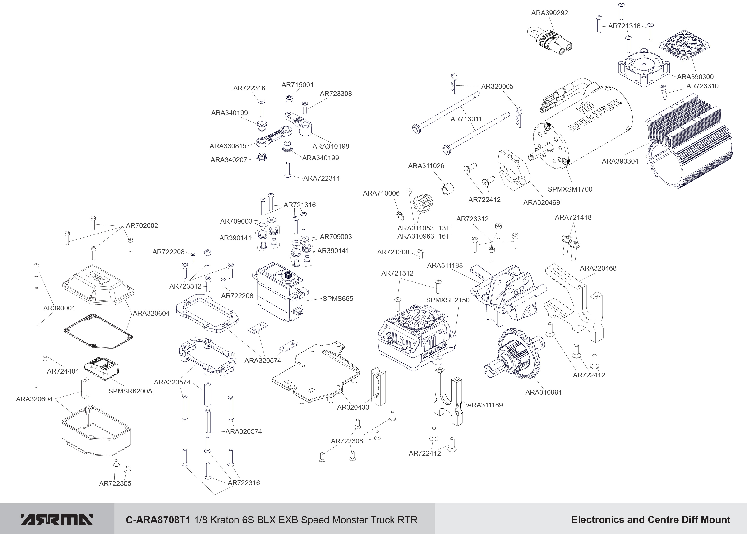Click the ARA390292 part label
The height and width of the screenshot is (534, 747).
[549, 13]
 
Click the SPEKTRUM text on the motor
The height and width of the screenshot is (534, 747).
[595, 116]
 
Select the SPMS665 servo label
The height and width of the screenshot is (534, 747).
[338, 299]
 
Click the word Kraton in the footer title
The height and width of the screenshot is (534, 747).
[224, 520]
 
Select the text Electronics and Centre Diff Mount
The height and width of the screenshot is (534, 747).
[650, 520]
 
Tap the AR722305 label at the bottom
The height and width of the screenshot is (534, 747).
[115, 483]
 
